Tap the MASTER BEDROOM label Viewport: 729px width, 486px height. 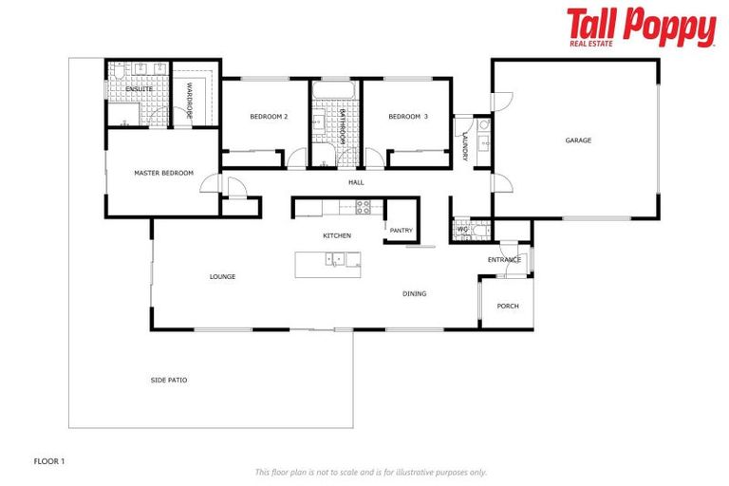point(163,173)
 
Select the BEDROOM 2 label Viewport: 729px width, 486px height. point(269,117)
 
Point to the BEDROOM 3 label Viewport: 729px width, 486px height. point(408,117)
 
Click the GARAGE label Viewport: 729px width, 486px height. point(578,140)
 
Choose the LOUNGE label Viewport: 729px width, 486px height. point(222,276)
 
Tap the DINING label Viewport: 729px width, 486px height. point(414,293)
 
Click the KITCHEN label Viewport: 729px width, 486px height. point(337,235)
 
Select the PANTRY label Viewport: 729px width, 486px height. point(401,229)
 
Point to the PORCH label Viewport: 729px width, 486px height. point(508,306)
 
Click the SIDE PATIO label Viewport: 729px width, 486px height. point(169,380)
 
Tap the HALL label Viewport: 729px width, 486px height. point(356,182)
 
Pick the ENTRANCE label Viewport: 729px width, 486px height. point(504,259)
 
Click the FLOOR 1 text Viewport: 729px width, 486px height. point(49,460)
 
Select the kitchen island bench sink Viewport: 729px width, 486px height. point(336,258)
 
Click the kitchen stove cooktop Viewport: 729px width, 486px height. point(362,207)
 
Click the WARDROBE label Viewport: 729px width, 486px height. point(190,101)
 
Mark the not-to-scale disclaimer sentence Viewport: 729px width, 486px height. point(370,472)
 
